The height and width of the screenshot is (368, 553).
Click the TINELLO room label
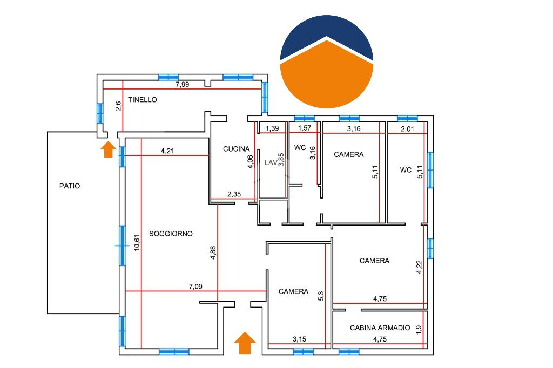[x=143, y=100]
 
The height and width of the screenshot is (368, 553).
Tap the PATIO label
[x=70, y=186]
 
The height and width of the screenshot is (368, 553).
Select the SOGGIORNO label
[x=171, y=234]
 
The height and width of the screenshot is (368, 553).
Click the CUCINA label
[x=237, y=149]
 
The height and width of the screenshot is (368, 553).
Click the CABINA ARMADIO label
[x=380, y=328]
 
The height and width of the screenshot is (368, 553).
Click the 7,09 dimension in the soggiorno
[x=195, y=287]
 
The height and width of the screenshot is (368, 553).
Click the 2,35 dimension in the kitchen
[x=234, y=194]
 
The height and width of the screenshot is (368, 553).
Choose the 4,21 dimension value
[x=167, y=152]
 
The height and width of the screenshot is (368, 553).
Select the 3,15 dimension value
[x=299, y=339]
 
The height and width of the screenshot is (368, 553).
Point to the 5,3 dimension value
[x=321, y=296]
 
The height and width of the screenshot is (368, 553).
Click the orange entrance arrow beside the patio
[x=109, y=149]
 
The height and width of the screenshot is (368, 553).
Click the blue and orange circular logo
[x=327, y=62]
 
